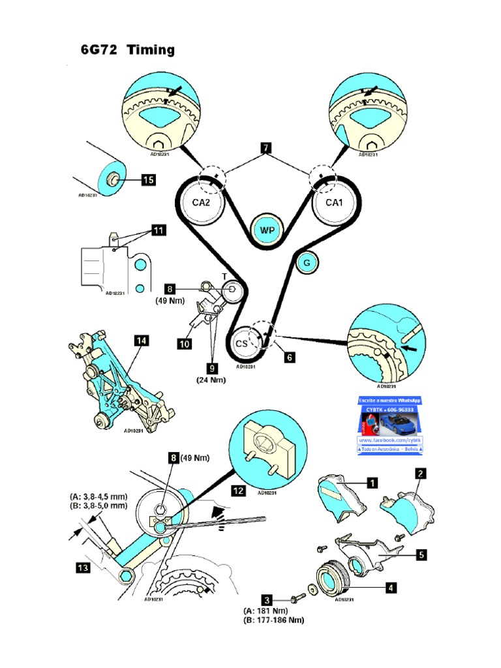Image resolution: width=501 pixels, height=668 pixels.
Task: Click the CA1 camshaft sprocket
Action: point(334,202)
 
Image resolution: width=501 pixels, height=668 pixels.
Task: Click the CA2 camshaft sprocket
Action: point(200,202)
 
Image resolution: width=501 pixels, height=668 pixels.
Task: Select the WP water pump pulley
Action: point(267,231)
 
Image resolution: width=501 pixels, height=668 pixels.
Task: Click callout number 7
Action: point(266,147)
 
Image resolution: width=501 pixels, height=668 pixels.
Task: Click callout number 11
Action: point(159,230)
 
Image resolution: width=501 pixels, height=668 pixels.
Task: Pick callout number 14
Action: point(142,341)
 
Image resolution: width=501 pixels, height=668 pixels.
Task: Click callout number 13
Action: point(83,568)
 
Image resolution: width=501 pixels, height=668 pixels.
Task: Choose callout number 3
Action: point(266,598)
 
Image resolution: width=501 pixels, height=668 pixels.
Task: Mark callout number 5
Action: point(421,555)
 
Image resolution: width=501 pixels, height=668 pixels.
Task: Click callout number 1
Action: point(371,483)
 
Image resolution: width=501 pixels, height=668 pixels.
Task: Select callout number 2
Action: point(421,473)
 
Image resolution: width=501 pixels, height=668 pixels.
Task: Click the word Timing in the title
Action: point(151,50)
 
